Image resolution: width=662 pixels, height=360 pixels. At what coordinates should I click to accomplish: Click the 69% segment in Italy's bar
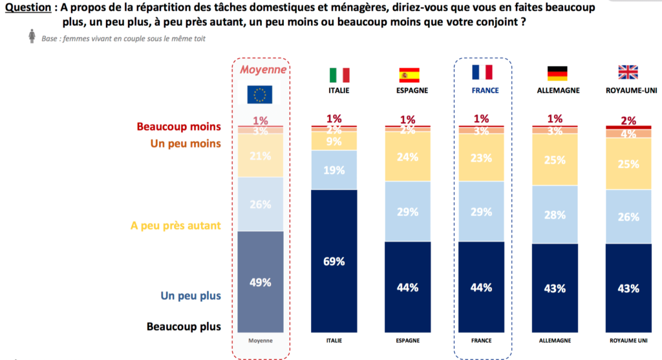[334, 261]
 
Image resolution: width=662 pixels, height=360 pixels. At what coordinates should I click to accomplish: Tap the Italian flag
[334, 74]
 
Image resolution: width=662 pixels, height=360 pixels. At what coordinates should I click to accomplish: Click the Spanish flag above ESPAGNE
[408, 74]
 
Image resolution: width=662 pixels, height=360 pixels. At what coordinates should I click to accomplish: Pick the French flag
[482, 72]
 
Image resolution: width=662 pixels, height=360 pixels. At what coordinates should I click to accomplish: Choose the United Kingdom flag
[628, 72]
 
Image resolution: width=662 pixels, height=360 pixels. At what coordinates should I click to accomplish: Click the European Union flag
[261, 94]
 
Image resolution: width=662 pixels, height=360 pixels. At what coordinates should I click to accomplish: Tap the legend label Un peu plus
[191, 296]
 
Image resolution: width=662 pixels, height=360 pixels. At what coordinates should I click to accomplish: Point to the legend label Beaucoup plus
[184, 326]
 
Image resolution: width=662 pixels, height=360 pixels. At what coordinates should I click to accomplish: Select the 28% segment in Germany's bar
[555, 215]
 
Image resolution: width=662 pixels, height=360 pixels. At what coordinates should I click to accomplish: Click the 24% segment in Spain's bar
[408, 156]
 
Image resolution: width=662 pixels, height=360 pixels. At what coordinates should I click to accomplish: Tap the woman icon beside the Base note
[32, 37]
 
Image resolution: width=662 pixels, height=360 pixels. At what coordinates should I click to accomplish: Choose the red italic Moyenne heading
[261, 69]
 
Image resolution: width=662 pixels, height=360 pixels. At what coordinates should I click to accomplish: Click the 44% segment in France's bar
[482, 287]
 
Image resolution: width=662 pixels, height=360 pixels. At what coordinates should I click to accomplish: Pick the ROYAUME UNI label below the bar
[628, 340]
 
